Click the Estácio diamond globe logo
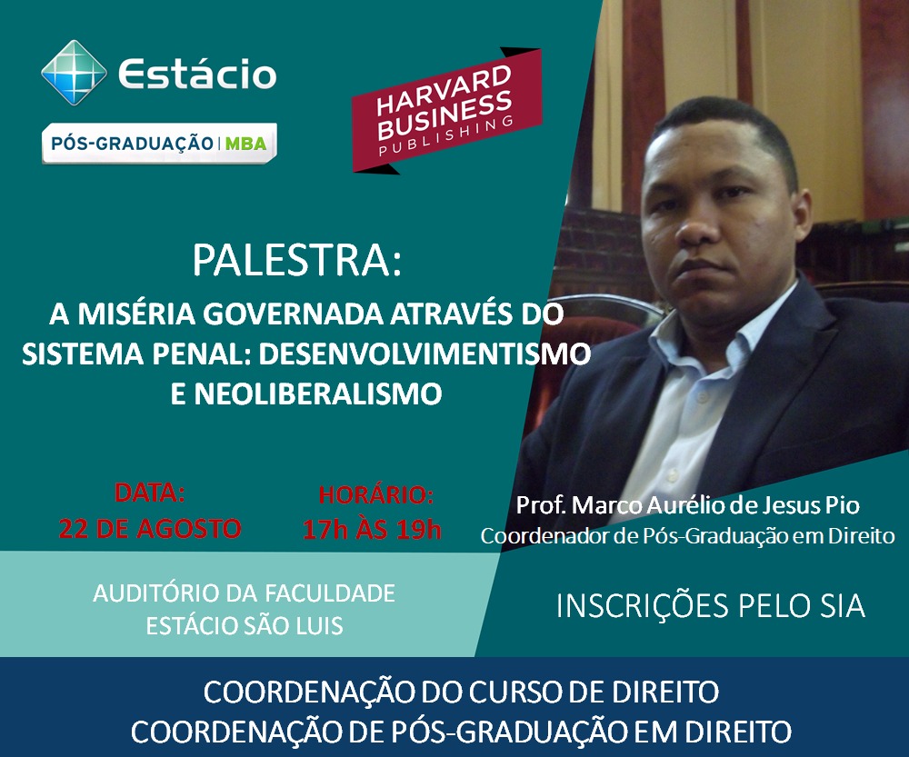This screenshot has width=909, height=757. [75, 73]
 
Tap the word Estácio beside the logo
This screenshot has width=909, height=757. [197, 74]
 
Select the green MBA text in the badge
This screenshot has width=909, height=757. [245, 144]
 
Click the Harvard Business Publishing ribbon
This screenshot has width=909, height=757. [446, 110]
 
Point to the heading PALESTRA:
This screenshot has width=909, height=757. [297, 260]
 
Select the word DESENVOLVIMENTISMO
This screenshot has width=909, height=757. [425, 354]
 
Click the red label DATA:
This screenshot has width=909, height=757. [150, 493]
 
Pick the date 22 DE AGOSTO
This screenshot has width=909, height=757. [150, 529]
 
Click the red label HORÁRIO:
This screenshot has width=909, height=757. [375, 495]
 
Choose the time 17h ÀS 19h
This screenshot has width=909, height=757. [372, 530]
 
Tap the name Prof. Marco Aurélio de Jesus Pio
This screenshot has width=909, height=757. [687, 505]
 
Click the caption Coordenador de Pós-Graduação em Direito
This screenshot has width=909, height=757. [687, 535]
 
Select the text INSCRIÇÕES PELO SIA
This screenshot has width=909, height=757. [711, 606]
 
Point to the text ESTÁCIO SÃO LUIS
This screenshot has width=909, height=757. [245, 626]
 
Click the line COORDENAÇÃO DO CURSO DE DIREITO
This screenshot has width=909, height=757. [461, 692]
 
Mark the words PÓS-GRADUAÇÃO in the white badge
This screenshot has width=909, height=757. [132, 144]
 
